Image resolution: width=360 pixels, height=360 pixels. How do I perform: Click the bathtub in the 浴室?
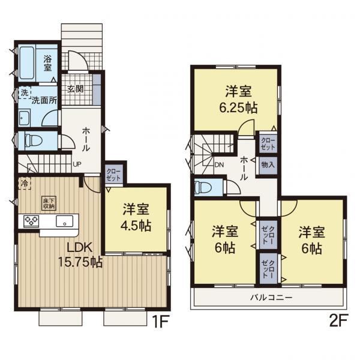[27, 62]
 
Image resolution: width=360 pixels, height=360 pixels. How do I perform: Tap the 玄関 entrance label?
[75, 89]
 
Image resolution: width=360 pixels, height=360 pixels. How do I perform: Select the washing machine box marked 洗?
[25, 92]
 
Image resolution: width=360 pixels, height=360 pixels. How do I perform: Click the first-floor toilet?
[34, 140]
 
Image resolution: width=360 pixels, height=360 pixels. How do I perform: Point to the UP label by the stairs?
[77, 164]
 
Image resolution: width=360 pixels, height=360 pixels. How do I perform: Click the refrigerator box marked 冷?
[25, 183]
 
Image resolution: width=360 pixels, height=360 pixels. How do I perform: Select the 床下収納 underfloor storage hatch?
[49, 203]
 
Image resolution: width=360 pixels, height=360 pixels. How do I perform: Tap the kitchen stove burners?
[31, 221]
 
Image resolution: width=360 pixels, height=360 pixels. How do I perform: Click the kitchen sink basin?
[65, 221]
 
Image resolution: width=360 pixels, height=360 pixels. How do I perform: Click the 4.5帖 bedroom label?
[136, 217]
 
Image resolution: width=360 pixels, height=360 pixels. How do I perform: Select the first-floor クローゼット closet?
[113, 174]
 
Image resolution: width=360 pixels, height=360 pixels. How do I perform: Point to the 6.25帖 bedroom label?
[238, 100]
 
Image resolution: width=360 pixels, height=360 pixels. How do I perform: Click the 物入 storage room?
[268, 164]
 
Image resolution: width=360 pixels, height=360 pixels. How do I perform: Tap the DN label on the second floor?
[219, 164]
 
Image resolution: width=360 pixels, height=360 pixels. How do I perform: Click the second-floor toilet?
[203, 188]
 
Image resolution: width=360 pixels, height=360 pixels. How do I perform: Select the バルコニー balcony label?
[271, 298]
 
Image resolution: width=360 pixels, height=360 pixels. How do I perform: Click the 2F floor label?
[339, 320]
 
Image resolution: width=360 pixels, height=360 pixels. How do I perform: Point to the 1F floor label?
[160, 321]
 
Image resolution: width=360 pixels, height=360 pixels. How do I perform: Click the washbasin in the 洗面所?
[24, 118]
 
